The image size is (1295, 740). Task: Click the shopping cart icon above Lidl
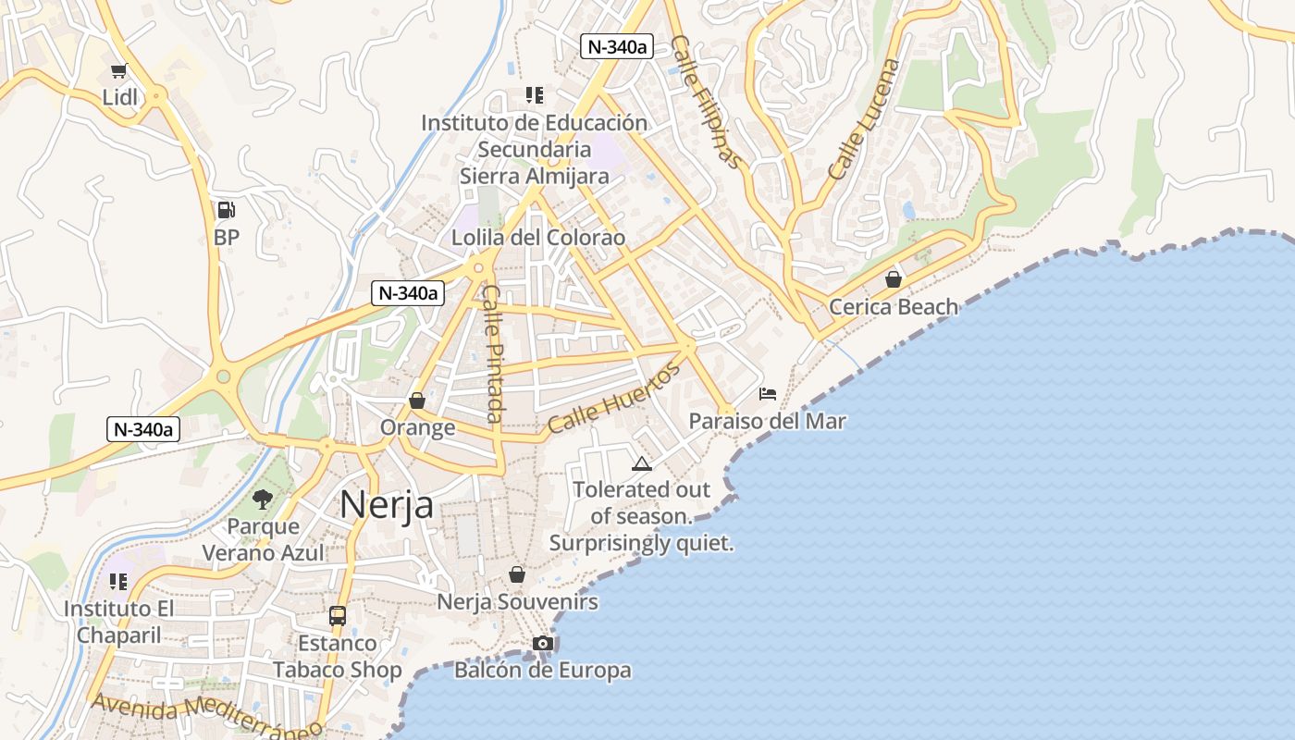[x=118, y=71]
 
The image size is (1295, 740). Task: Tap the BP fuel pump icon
[x=226, y=210]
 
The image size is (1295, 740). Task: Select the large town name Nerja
[x=386, y=505]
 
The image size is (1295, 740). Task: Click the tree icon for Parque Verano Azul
[x=263, y=499]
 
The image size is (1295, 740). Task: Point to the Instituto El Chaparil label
[x=118, y=622]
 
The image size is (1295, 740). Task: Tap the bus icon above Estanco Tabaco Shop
[x=338, y=615]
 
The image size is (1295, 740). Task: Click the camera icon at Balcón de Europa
[x=543, y=643]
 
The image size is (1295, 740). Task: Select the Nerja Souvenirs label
[x=517, y=602]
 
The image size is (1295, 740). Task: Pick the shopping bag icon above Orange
[x=417, y=401]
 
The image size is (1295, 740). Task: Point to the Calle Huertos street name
[x=613, y=398]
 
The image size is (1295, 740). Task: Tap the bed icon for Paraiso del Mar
[x=768, y=394]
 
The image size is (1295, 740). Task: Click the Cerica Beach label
[x=894, y=306]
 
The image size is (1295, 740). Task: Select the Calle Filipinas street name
[x=706, y=102]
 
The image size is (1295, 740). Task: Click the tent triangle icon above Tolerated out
[x=641, y=462]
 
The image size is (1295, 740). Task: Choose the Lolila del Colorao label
[x=537, y=238]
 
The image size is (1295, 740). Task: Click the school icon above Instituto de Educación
[x=534, y=94]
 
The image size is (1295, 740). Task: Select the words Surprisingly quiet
[x=641, y=544]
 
